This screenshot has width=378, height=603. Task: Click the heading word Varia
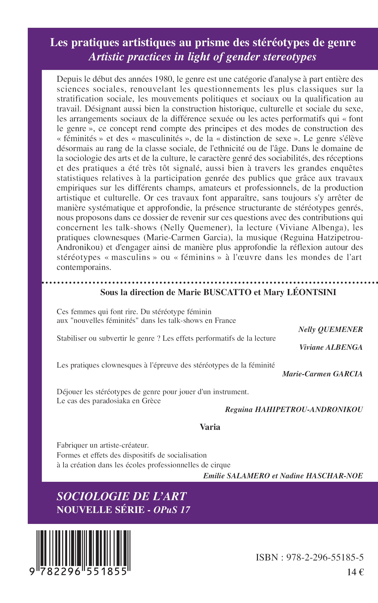pyautogui.click(x=210, y=427)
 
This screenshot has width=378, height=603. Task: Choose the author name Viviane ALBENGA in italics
pyautogui.click(x=331, y=347)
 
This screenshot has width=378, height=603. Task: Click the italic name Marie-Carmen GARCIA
pyautogui.click(x=322, y=374)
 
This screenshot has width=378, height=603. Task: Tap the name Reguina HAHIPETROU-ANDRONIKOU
pyautogui.click(x=294, y=410)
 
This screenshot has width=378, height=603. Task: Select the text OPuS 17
pyautogui.click(x=172, y=510)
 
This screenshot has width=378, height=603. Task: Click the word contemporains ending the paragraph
pyautogui.click(x=84, y=267)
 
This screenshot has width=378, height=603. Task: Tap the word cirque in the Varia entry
pyautogui.click(x=220, y=465)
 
